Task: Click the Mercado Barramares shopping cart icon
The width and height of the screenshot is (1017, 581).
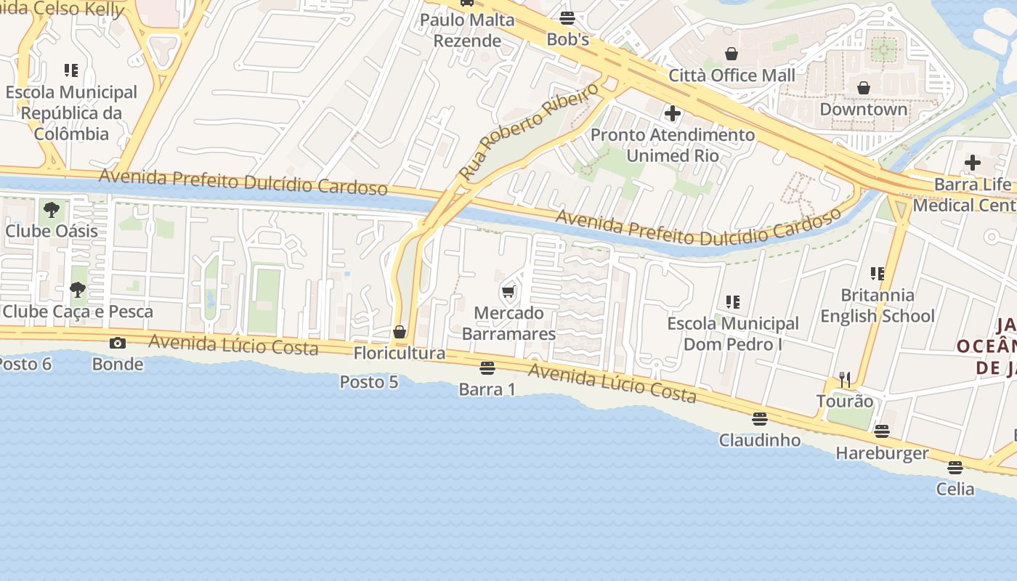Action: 508,292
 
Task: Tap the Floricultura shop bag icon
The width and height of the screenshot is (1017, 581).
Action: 399,332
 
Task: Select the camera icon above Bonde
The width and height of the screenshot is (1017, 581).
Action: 117,343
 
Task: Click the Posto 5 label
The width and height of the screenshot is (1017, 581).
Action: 369,381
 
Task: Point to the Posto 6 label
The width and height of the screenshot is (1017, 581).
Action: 25,363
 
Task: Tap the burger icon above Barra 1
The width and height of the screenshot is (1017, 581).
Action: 487,368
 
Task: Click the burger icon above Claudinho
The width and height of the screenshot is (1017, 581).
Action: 759,419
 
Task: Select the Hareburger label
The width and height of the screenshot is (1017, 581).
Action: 882,453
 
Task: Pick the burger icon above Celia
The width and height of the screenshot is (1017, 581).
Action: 955,468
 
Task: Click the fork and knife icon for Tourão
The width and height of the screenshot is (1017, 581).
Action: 844,380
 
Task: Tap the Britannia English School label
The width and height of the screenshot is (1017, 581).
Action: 878,306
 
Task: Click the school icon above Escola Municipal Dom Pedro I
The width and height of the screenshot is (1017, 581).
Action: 732,301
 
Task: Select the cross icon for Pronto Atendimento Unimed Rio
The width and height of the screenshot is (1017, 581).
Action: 673,113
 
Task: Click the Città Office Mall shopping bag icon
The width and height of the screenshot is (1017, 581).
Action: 732,54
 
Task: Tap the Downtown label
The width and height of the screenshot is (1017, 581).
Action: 863,109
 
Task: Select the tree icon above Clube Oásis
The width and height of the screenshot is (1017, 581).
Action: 51,210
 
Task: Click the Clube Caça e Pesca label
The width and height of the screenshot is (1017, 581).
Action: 78,312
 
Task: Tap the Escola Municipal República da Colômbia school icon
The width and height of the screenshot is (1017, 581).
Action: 70,70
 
